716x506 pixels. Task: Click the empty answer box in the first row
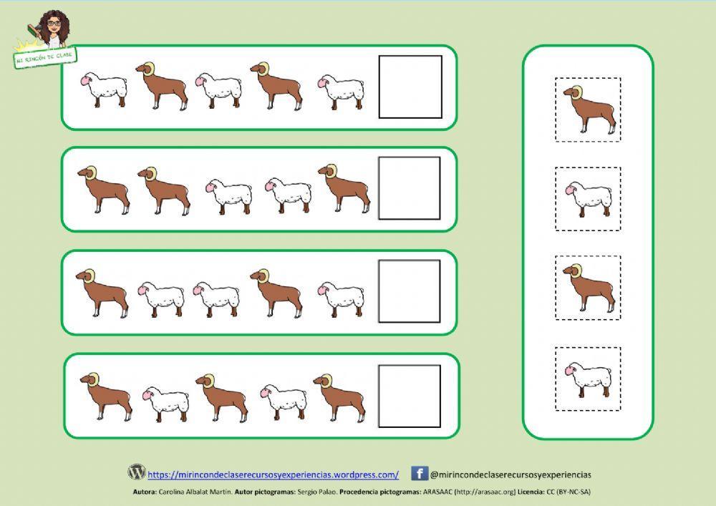tap(410, 87)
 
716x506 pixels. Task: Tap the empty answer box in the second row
tap(410, 188)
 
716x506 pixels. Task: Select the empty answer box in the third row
tap(410, 291)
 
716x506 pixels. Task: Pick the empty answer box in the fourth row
tap(410, 396)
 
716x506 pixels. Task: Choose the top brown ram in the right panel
tap(589, 110)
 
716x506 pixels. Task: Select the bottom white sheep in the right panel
tap(588, 379)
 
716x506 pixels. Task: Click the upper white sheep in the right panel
tap(588, 199)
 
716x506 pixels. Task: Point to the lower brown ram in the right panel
tap(589, 288)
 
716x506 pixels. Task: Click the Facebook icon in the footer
tap(420, 473)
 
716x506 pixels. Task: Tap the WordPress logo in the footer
tap(137, 472)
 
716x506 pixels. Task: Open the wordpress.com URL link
tap(273, 475)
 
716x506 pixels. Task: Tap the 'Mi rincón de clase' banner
tap(45, 58)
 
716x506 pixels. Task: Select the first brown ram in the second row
tap(103, 189)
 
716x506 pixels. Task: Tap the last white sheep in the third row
tap(340, 298)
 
